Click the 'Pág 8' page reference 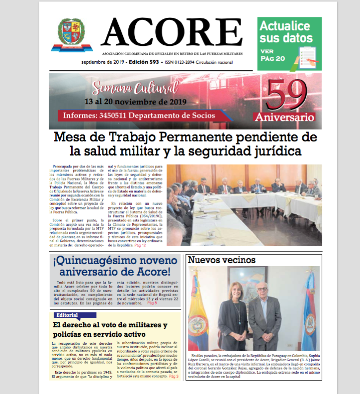152,302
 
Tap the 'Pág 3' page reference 174,376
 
